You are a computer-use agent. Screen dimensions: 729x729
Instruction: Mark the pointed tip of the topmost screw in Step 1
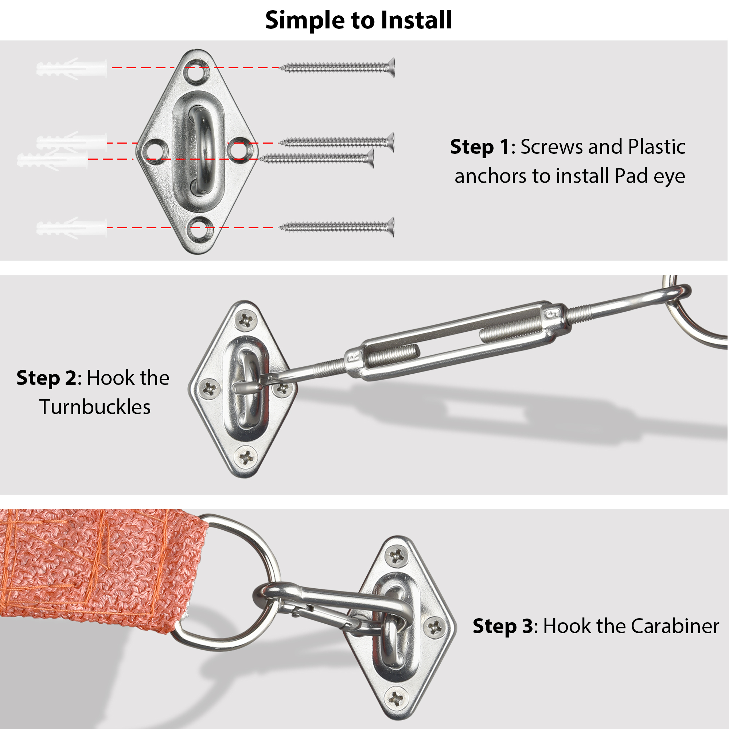pyautogui.click(x=280, y=68)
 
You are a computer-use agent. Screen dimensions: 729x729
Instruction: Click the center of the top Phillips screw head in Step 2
pyautogui.click(x=246, y=320)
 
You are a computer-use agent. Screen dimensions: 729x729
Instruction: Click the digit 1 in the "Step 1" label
pyautogui.click(x=504, y=147)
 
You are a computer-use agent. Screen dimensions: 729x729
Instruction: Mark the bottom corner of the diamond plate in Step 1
pyautogui.click(x=198, y=254)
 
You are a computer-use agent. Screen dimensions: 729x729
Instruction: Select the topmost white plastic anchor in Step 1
pyautogui.click(x=72, y=68)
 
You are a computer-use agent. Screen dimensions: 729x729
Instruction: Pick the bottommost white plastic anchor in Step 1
pyautogui.click(x=72, y=228)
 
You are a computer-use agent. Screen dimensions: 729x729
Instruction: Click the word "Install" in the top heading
pyautogui.click(x=416, y=20)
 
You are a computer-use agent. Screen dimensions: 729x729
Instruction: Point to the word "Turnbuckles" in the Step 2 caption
pyautogui.click(x=95, y=407)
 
